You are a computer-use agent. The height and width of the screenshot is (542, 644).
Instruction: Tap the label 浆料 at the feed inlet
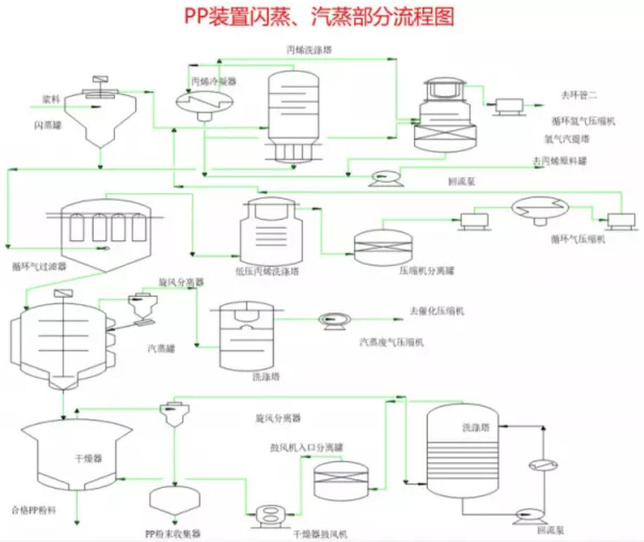51,99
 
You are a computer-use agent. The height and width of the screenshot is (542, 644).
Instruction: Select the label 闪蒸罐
45,126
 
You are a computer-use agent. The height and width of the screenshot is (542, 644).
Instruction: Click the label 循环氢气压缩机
583,121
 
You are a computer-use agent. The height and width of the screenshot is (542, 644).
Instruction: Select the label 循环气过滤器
39,267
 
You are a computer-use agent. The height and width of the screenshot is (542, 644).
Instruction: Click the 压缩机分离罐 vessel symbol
383,248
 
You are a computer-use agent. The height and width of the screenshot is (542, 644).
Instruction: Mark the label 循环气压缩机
578,239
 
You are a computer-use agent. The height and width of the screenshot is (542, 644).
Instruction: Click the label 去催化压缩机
437,310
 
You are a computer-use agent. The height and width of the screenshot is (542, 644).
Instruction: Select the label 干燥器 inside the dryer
88,458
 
